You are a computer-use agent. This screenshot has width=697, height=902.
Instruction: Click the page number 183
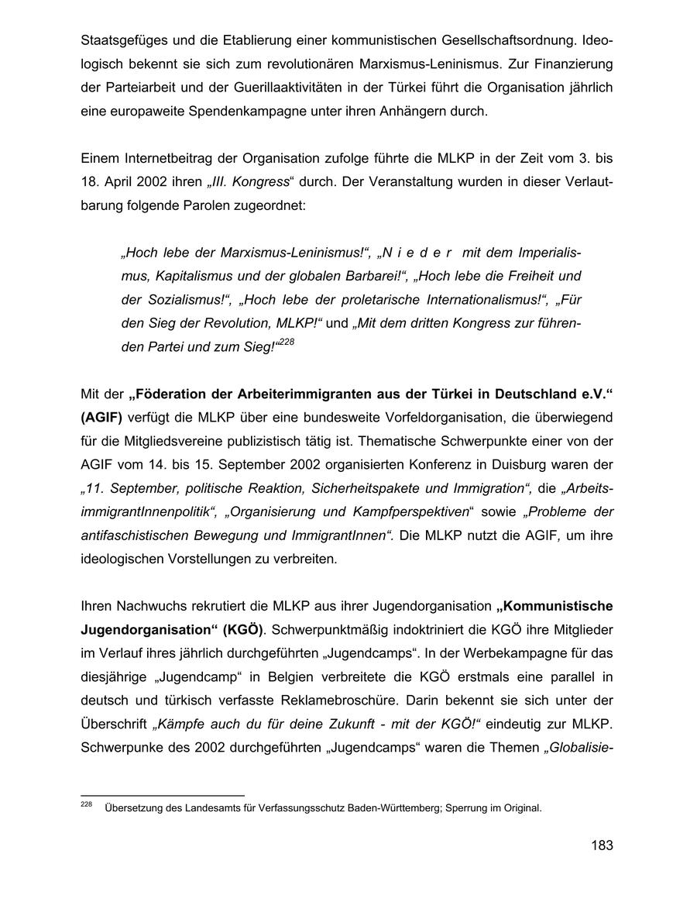click(601, 845)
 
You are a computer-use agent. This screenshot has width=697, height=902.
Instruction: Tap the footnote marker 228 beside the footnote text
click(86, 806)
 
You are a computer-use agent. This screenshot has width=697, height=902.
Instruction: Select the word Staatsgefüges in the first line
click(121, 39)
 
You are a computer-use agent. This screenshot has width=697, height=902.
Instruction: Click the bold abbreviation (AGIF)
click(101, 418)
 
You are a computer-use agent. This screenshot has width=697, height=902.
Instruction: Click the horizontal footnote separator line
click(163, 795)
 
